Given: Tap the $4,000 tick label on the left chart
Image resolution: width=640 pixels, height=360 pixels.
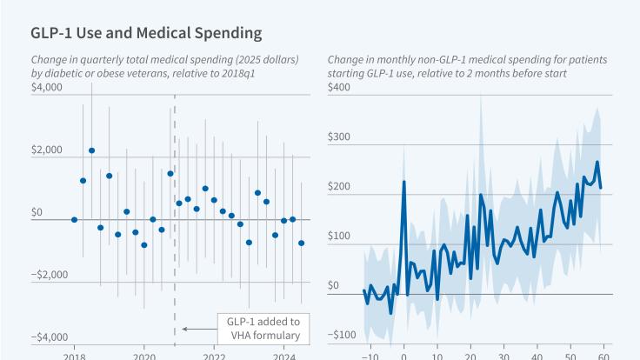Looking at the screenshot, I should (48, 87).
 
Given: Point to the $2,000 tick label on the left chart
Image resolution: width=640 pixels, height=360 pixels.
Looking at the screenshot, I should (48, 150).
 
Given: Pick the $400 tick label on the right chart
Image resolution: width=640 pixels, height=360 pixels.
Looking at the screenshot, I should (338, 87).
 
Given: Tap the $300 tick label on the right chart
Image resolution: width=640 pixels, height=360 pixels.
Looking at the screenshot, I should (338, 137).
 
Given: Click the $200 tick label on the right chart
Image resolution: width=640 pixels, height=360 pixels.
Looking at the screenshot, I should (338, 186).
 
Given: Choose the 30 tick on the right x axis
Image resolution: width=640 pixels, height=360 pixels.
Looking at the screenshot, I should (503, 356).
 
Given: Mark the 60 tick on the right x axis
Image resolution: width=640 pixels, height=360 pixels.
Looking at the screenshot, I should (604, 356).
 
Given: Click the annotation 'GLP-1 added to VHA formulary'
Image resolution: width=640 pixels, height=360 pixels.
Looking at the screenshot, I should (263, 329).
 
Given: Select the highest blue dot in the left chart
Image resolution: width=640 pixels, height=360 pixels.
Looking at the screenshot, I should (92, 150).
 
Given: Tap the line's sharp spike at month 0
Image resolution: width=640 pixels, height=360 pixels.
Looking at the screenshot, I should (403, 182).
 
